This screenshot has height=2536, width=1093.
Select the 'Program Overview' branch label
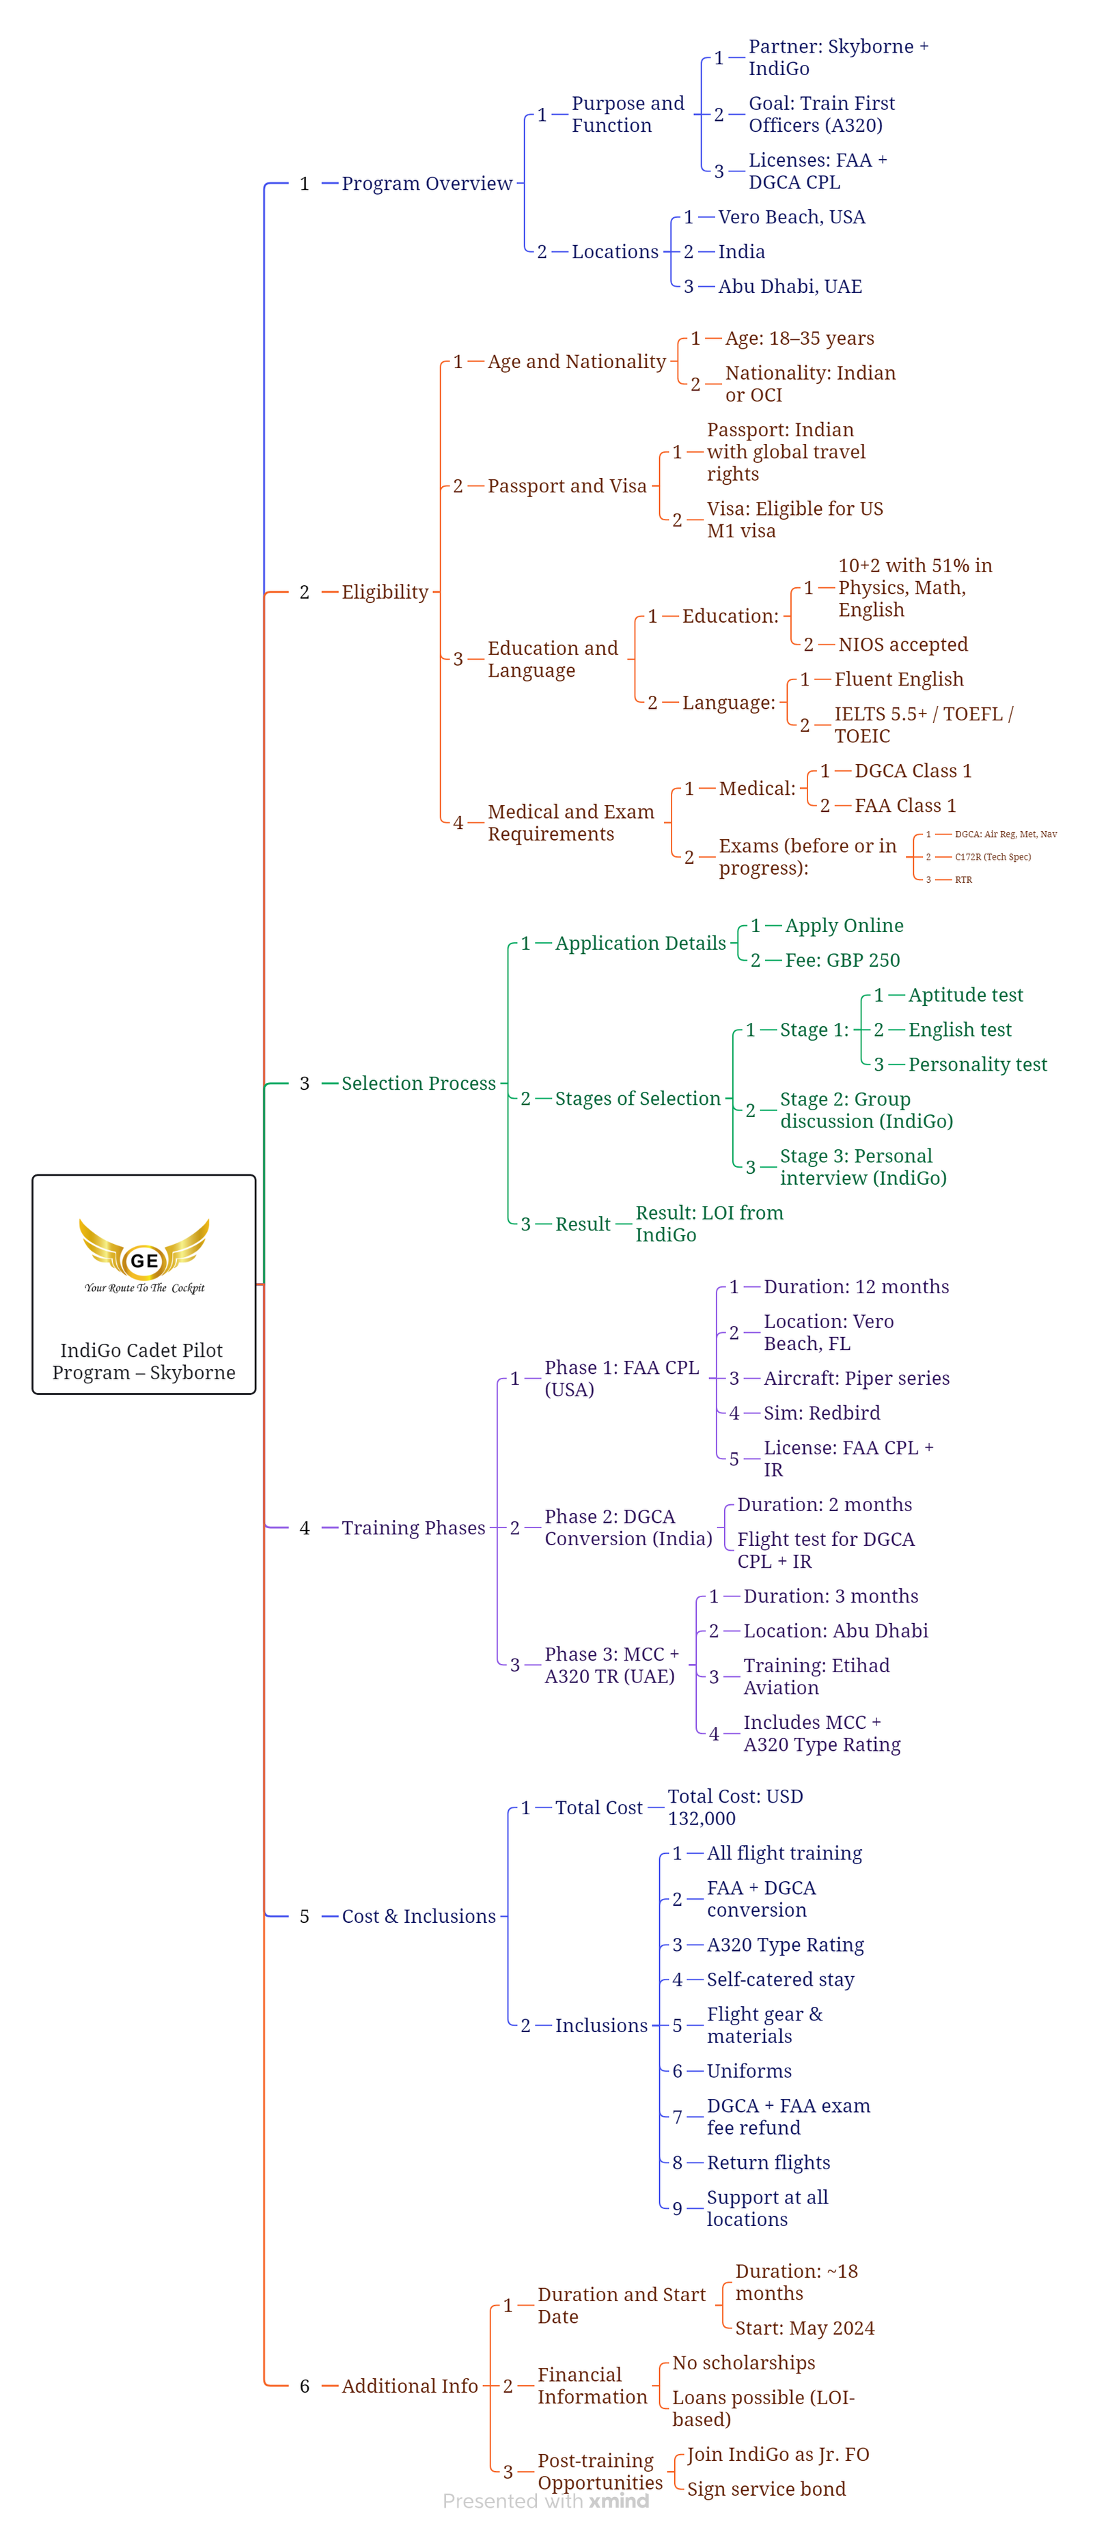tap(426, 183)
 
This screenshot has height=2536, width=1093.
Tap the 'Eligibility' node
tap(385, 592)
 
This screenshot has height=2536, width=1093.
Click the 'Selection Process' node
tap(419, 1083)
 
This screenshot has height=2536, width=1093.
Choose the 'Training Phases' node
tap(413, 1528)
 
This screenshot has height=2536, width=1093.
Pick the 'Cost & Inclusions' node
tap(419, 1916)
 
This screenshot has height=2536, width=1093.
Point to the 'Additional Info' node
tap(410, 2385)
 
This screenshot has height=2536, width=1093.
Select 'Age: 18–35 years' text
tap(799, 339)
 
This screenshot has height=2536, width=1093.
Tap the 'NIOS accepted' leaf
tap(903, 645)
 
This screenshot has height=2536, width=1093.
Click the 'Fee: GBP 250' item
tap(842, 960)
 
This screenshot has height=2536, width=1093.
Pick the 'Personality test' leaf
tap(978, 1065)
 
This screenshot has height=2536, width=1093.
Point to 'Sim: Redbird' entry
tap(822, 1413)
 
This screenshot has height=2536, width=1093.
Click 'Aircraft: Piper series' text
tap(857, 1378)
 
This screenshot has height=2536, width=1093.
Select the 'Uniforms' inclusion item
tap(749, 2070)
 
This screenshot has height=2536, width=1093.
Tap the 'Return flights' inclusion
tap(768, 2162)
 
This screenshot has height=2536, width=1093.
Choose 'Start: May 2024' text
tap(805, 2327)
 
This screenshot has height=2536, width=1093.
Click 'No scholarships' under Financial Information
tap(743, 2363)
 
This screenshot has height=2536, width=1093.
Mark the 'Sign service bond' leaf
tap(766, 2489)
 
